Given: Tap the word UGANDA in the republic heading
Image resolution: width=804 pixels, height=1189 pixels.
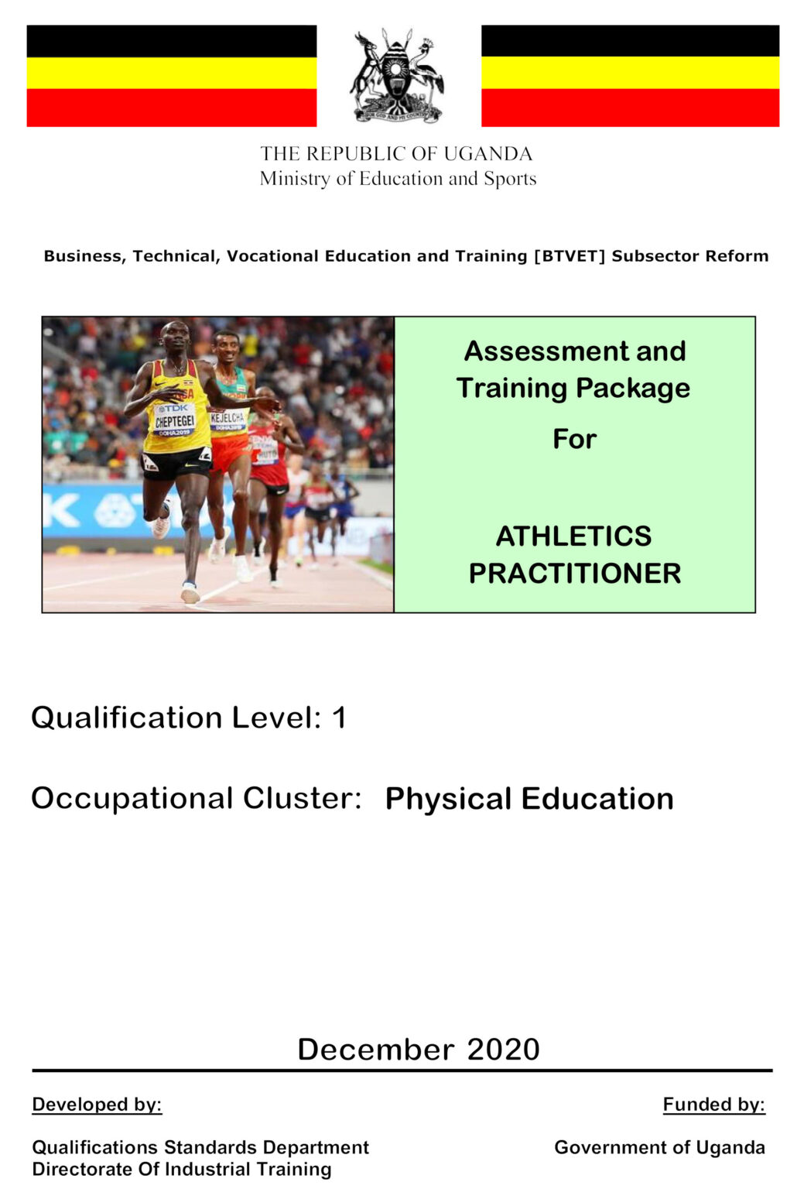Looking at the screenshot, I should click(488, 154).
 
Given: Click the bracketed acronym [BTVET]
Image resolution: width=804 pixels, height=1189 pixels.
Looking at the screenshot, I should click(569, 256).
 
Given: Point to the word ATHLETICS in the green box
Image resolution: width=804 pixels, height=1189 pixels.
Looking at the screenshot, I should click(573, 536).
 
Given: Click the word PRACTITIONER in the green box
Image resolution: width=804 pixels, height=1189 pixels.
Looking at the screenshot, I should click(574, 574).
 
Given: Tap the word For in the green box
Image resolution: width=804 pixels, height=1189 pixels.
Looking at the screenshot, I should click(574, 439).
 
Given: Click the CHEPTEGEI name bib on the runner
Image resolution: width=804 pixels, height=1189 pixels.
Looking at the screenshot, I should click(174, 420).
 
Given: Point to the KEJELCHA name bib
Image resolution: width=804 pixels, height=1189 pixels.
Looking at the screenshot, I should click(228, 419).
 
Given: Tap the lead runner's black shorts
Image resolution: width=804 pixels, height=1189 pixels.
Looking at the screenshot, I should click(176, 463).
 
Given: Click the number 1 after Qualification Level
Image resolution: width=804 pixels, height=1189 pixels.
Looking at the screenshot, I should click(339, 718).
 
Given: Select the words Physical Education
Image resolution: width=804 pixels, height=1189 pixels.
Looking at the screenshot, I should click(529, 799).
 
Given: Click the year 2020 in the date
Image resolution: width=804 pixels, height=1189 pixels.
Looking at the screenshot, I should click(503, 1050).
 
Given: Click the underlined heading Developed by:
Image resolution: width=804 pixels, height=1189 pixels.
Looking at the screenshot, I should click(97, 1105).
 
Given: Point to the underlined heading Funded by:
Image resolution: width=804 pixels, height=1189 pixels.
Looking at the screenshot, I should click(713, 1105).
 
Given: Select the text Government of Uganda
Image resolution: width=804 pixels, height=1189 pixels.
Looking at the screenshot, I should click(659, 1147).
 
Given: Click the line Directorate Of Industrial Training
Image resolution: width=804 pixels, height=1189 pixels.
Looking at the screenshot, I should click(182, 1169).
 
